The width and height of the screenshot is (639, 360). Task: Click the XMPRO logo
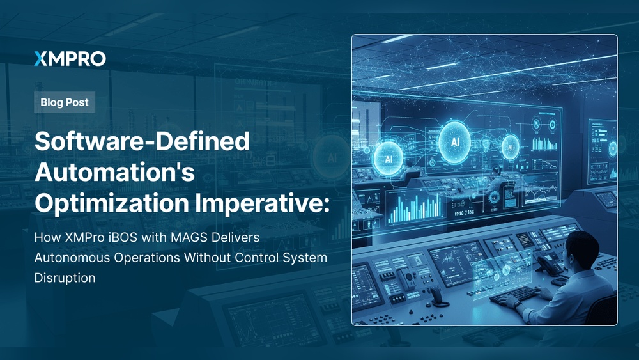pyautogui.click(x=70, y=59)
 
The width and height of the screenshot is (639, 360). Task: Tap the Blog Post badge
pyautogui.click(x=65, y=102)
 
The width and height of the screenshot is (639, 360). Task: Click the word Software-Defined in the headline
pyautogui.click(x=142, y=141)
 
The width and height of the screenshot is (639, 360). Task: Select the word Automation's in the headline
pyautogui.click(x=114, y=171)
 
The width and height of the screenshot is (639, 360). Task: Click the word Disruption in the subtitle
pyautogui.click(x=65, y=278)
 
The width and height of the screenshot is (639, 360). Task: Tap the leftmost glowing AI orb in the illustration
pyautogui.click(x=388, y=158)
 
